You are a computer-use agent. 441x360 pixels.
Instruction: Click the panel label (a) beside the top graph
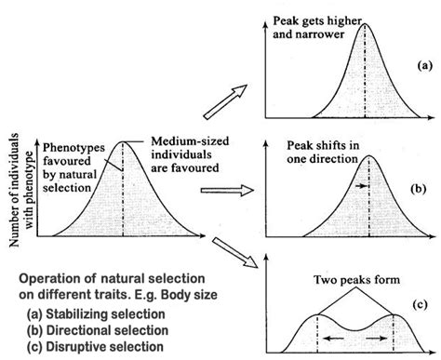point(424,66)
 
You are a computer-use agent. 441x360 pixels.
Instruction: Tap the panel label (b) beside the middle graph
point(419,189)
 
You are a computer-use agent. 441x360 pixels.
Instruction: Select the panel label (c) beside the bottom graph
point(420,305)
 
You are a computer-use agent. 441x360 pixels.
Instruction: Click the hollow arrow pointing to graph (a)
point(225,101)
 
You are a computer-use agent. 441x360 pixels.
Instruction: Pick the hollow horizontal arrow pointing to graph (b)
point(227,190)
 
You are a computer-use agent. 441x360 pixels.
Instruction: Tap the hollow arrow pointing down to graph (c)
point(234,252)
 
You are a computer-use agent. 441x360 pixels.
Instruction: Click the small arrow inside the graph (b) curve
point(361,186)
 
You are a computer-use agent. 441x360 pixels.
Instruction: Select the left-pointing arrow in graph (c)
point(333,339)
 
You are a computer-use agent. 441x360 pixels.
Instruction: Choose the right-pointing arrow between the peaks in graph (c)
point(377,339)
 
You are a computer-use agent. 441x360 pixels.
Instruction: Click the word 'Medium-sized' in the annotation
point(190,141)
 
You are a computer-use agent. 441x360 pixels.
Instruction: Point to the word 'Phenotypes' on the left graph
point(73,148)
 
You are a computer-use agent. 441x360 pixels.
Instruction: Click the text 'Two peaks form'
point(356,280)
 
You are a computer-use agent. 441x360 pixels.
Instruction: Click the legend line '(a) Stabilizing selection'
point(96,314)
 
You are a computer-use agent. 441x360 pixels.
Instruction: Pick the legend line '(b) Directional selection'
point(98,330)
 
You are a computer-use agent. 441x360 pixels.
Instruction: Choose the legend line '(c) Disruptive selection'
point(95,347)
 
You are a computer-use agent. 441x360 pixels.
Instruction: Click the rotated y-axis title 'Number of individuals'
point(14,190)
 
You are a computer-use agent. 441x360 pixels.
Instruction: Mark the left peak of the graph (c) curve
point(317,314)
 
